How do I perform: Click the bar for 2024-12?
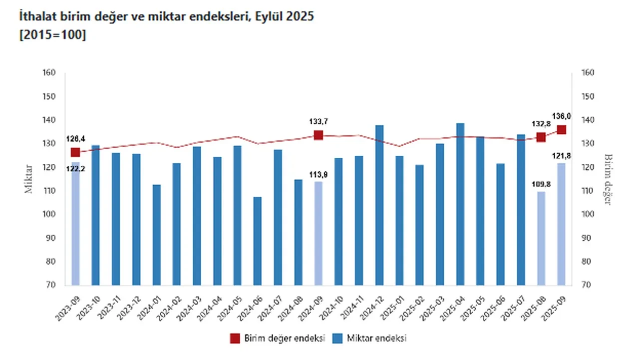pyautogui.click(x=379, y=205)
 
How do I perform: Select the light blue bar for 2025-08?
pyautogui.click(x=541, y=238)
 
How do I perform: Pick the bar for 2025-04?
pyautogui.click(x=460, y=204)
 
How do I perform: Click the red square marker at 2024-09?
pyautogui.click(x=319, y=135)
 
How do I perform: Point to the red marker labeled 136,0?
pyautogui.click(x=562, y=130)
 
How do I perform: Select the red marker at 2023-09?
pyautogui.click(x=75, y=152)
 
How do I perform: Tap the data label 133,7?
pyautogui.click(x=318, y=121)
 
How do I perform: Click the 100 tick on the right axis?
pyautogui.click(x=588, y=214)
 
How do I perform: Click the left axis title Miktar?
pyautogui.click(x=29, y=178)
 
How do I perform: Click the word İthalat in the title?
pyautogui.click(x=35, y=17)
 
